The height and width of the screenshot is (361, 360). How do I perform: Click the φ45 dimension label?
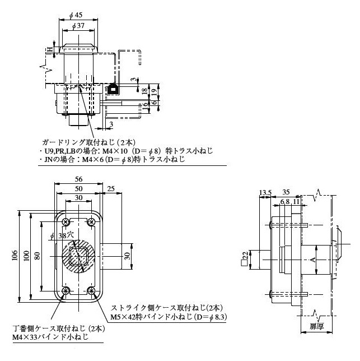pyautogui.click(x=78, y=15)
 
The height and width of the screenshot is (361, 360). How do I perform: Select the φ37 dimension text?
pyautogui.click(x=78, y=26)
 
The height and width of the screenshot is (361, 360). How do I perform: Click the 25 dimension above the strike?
pyautogui.click(x=111, y=188)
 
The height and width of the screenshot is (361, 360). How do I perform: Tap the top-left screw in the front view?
pyautogui.click(x=67, y=220)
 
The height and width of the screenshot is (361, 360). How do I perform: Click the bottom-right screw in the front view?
pyautogui.click(x=92, y=290)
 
